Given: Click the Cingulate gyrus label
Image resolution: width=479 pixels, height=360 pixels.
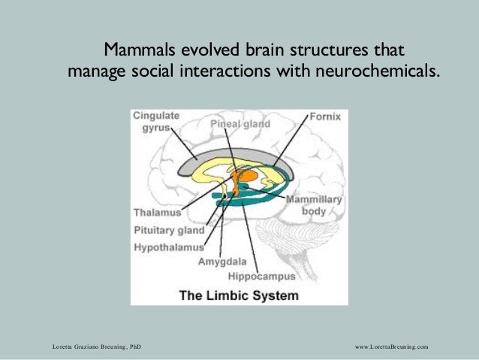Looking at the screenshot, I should pyautogui.click(x=157, y=123).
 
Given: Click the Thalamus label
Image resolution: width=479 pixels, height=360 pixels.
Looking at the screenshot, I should pyautogui.click(x=158, y=212).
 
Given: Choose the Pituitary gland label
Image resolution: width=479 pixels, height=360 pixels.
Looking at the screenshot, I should pyautogui.click(x=169, y=230).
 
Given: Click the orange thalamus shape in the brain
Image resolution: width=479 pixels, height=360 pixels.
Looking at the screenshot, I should pyautogui.click(x=243, y=174).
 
